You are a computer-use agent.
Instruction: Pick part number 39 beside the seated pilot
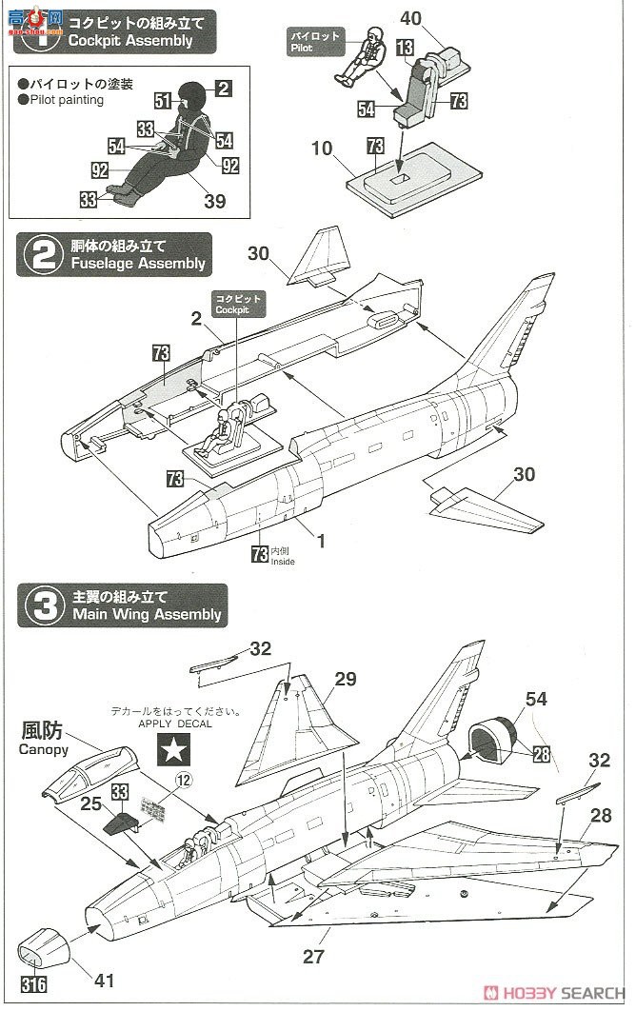pyautogui.click(x=215, y=200)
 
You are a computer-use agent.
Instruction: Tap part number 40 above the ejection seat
pyautogui.click(x=411, y=17)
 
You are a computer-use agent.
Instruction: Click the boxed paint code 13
pyautogui.click(x=405, y=48)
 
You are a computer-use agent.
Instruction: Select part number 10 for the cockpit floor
pyautogui.click(x=322, y=149)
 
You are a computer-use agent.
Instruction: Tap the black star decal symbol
pyautogui.click(x=172, y=752)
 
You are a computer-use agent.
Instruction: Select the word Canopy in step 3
pyautogui.click(x=43, y=750)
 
